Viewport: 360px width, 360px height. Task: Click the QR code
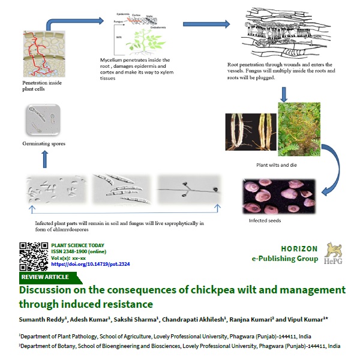[x=34, y=255]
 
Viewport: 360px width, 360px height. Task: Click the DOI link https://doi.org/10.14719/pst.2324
[x=90, y=264]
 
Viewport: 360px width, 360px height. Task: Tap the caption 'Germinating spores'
[x=44, y=144]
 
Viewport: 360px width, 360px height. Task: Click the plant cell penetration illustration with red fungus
[x=42, y=54]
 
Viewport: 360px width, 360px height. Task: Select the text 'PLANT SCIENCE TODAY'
[x=78, y=245]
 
